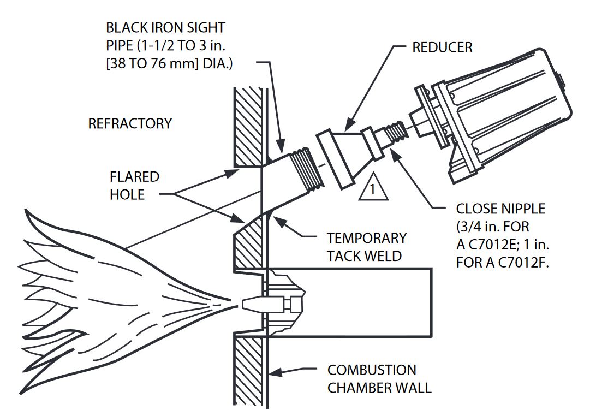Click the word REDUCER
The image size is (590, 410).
coord(442,47)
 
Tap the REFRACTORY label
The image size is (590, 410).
coord(130,124)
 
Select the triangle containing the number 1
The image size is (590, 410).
coord(372,187)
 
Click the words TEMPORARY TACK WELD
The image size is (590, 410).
coord(367,247)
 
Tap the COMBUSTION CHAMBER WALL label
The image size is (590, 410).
coord(379,379)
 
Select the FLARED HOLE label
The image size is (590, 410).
coord(134,186)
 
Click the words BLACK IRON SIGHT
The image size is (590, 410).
coord(165,27)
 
